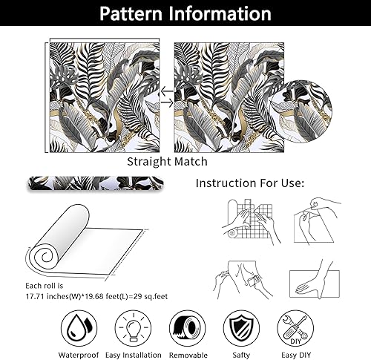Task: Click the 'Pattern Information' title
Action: (185, 14)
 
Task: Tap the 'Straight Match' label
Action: (167, 161)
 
